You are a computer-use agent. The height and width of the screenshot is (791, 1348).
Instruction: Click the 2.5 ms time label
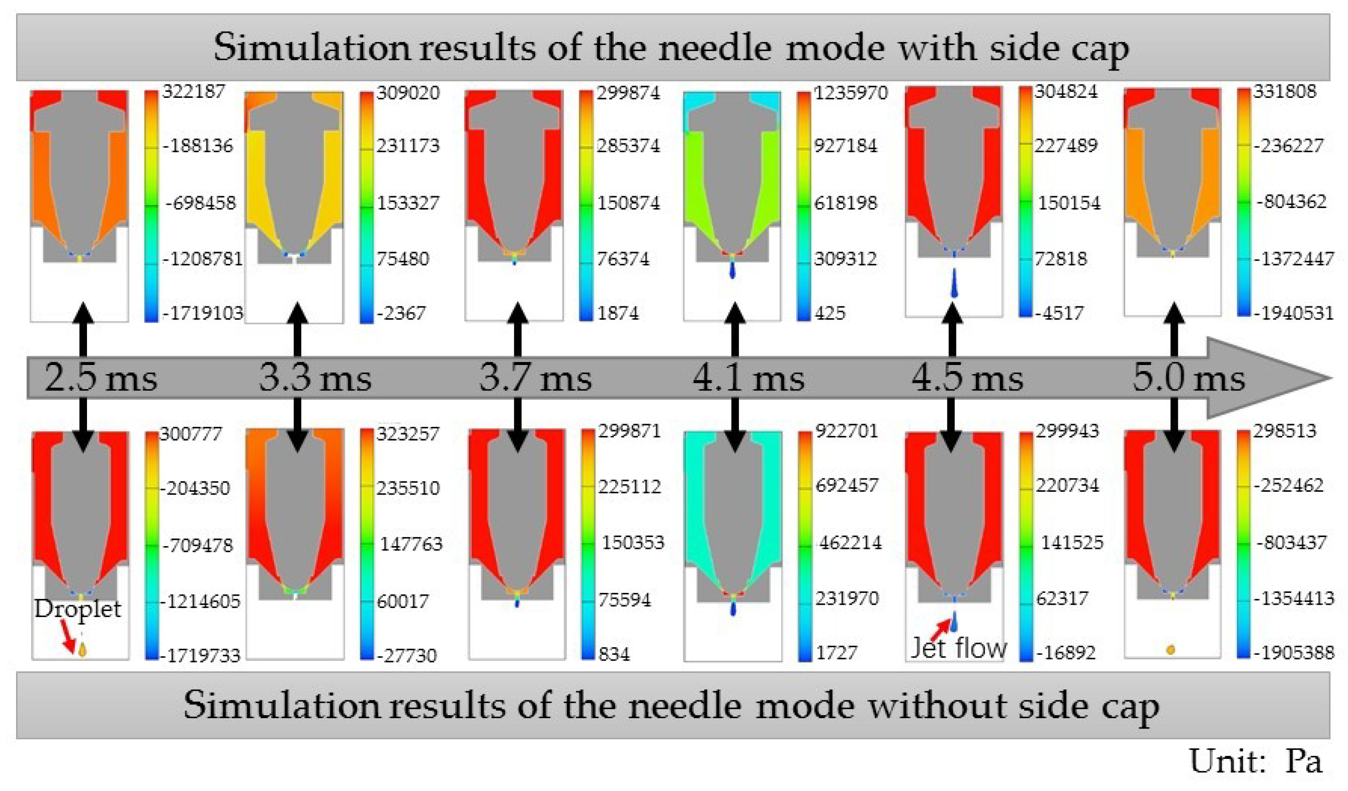click(x=101, y=378)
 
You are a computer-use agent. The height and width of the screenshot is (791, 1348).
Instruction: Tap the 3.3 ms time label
click(x=315, y=378)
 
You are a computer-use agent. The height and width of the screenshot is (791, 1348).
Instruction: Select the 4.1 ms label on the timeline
click(x=748, y=378)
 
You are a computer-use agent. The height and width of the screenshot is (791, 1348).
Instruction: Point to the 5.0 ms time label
click(x=1189, y=378)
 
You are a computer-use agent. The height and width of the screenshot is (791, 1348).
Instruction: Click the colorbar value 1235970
click(x=851, y=93)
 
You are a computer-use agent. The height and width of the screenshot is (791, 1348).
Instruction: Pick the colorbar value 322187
click(x=194, y=91)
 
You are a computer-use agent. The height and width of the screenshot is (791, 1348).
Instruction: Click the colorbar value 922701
click(x=846, y=431)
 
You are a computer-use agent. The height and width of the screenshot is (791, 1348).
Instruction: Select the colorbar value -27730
click(x=407, y=655)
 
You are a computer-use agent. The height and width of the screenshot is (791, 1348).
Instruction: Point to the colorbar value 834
click(x=614, y=654)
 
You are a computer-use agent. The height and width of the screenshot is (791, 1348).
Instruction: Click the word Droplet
click(x=78, y=608)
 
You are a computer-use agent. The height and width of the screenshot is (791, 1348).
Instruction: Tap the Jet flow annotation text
click(x=958, y=648)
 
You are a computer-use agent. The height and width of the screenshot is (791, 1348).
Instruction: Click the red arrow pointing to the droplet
click(x=69, y=636)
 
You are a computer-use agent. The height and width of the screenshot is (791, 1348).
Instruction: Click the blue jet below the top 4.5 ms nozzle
click(x=954, y=284)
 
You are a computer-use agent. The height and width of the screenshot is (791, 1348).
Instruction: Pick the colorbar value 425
click(x=830, y=313)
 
